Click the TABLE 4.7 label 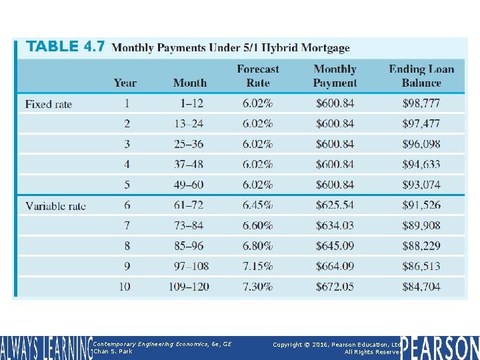click(65, 47)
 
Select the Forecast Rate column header click(257, 76)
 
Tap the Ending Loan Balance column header click(421, 76)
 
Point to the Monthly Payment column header click(335, 76)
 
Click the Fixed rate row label click(48, 104)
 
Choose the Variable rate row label click(55, 206)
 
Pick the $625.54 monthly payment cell click(335, 205)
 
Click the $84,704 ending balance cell click(421, 287)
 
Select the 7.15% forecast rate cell click(257, 266)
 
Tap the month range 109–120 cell click(191, 287)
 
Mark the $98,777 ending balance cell click(421, 103)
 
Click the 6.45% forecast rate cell click(257, 205)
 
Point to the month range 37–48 click(190, 165)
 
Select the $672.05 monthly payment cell click(335, 287)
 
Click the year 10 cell click(125, 287)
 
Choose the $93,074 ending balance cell click(421, 185)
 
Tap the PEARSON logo click(440, 348)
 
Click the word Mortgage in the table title click(325, 48)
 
